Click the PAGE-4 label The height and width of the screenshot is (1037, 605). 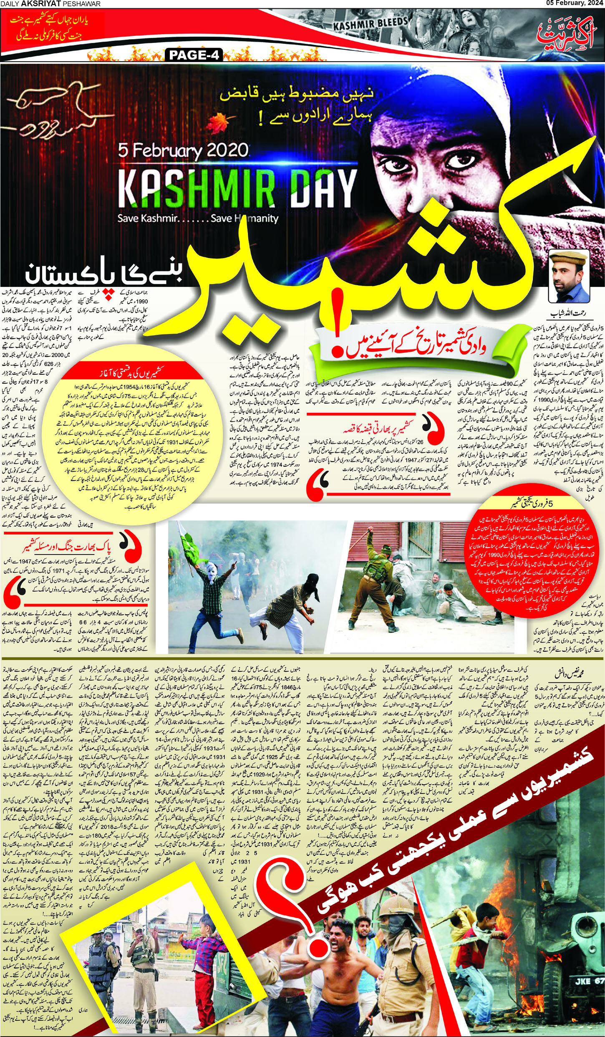pos(194,55)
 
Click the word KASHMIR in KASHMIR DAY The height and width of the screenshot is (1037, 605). pos(197,186)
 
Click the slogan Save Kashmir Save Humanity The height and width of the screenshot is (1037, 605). pos(198,218)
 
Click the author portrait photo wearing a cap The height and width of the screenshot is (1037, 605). pos(569,276)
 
